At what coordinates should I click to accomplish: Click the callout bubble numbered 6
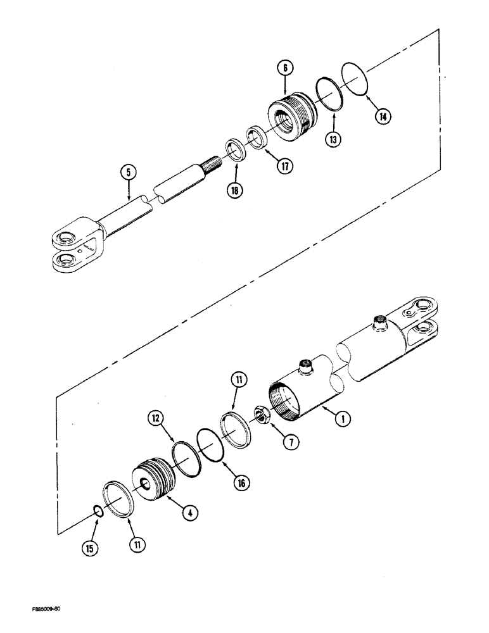[x=285, y=67]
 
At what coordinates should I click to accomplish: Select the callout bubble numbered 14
[x=382, y=116]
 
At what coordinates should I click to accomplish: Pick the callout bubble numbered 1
[x=343, y=418]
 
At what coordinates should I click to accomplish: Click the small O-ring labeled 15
[x=98, y=510]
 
